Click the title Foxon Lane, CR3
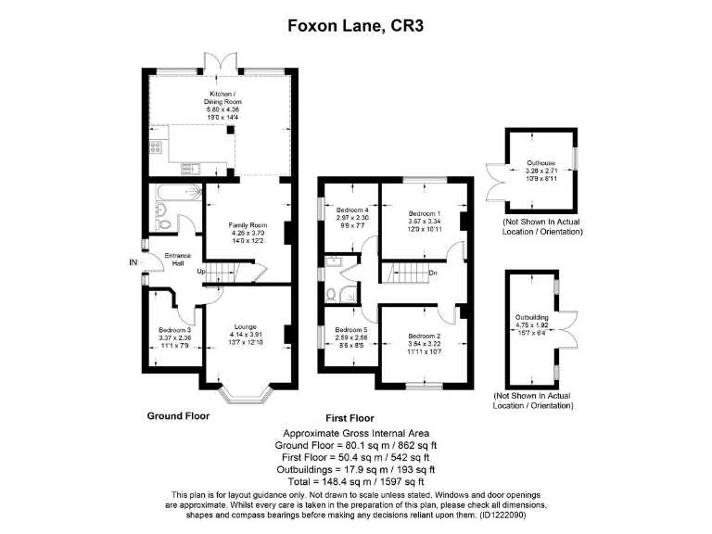(355, 28)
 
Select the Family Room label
(248, 225)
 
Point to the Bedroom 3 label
(175, 330)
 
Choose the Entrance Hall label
(176, 259)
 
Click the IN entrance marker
(133, 263)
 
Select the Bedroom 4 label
(352, 210)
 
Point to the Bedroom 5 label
(351, 330)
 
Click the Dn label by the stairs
(432, 273)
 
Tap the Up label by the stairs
(200, 271)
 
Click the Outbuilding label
(532, 318)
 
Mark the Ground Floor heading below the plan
(179, 416)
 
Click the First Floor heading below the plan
(355, 419)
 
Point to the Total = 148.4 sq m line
(355, 481)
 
